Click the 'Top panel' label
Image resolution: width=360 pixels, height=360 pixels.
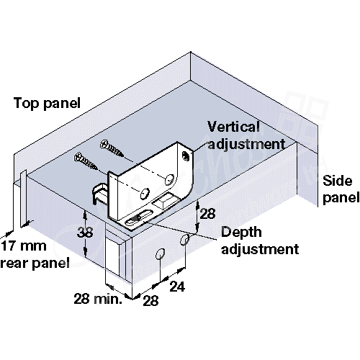[47, 104]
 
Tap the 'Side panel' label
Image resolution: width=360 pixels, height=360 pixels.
[341, 189]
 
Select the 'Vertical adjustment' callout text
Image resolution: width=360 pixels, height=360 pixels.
[246, 135]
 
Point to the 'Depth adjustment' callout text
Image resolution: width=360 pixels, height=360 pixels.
[260, 240]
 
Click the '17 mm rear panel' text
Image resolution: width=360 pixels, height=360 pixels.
[35, 255]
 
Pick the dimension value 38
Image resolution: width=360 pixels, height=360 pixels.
[85, 233]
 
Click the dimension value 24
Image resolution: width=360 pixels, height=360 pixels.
[177, 287]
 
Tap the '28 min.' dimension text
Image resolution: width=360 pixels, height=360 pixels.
[98, 299]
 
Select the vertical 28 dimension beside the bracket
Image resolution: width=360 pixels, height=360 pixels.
[207, 214]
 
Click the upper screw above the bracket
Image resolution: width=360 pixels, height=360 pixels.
[112, 148]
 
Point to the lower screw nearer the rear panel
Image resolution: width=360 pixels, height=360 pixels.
[86, 161]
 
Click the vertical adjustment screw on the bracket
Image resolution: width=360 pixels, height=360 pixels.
[186, 156]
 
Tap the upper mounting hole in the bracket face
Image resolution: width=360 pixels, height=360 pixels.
[169, 179]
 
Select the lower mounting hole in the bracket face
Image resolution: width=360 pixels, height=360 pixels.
[145, 194]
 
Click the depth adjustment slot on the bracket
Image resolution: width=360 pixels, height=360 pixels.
[138, 217]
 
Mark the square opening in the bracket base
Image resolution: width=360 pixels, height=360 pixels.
[165, 201]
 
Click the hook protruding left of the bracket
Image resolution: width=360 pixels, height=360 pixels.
[99, 193]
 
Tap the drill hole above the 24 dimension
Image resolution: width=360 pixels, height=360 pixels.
[184, 240]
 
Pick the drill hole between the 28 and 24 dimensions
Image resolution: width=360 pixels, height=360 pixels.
[160, 254]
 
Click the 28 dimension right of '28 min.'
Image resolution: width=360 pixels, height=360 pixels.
[150, 300]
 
